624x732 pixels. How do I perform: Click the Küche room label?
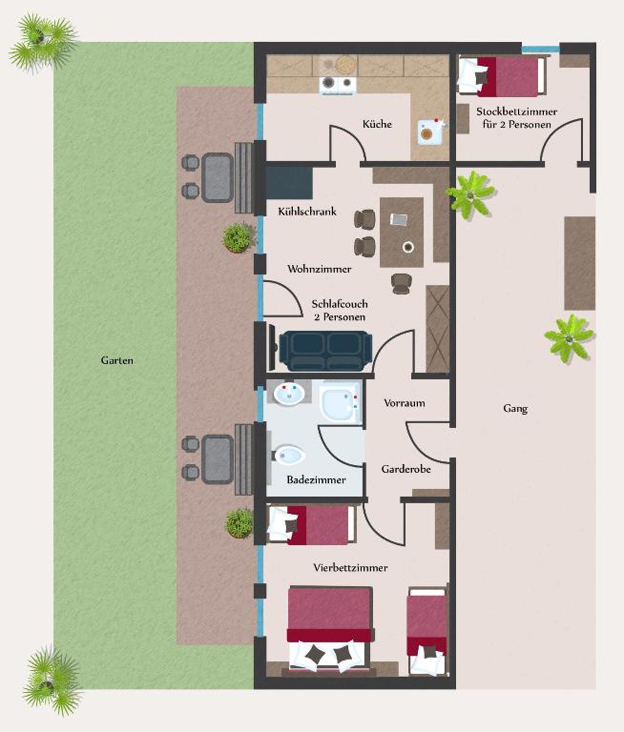(x=377, y=124)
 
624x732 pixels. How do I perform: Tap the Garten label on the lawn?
(x=116, y=360)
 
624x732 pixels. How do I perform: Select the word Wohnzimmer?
(x=320, y=269)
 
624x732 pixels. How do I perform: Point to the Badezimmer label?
(x=316, y=479)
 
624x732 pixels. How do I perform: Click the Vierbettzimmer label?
(x=350, y=568)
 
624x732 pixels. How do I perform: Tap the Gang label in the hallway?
(x=515, y=409)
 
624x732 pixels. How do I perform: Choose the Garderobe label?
(x=406, y=469)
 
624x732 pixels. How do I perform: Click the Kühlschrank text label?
(x=307, y=212)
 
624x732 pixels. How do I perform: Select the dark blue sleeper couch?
(x=325, y=351)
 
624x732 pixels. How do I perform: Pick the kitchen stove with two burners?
(x=338, y=84)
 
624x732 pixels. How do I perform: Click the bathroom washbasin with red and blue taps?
(x=288, y=394)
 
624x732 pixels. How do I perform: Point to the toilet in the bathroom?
(x=289, y=455)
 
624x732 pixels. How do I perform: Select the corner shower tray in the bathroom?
(x=342, y=402)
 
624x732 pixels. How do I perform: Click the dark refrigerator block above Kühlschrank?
(x=289, y=183)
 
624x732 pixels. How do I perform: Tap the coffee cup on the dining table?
(x=408, y=247)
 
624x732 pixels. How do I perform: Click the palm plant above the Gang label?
(x=569, y=337)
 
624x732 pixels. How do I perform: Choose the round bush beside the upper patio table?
(x=238, y=237)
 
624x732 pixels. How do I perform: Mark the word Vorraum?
(x=405, y=403)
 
